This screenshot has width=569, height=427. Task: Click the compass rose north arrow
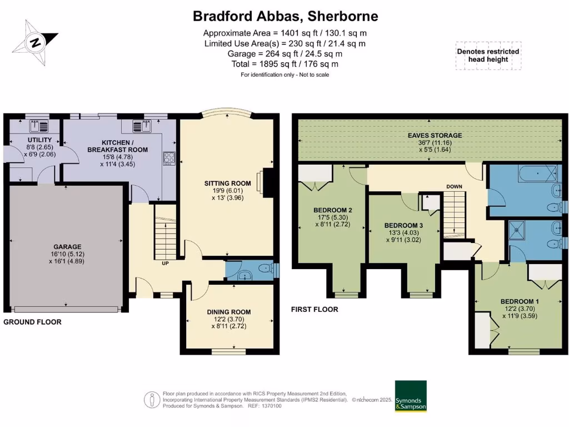click(x=36, y=41)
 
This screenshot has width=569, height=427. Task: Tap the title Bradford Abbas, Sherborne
click(x=285, y=16)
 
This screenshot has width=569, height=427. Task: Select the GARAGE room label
click(x=67, y=247)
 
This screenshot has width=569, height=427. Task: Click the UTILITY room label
click(x=39, y=140)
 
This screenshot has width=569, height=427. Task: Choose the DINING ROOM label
click(x=228, y=312)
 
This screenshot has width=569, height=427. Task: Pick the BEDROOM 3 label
click(x=404, y=225)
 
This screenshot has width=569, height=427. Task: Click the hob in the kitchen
click(x=169, y=158)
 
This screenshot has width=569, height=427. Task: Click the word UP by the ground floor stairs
click(x=165, y=263)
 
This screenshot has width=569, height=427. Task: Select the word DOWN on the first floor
click(x=455, y=187)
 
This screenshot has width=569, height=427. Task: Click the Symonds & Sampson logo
click(x=411, y=396)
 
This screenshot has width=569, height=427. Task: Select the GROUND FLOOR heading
click(x=32, y=322)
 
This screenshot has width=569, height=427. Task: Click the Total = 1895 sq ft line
click(x=285, y=64)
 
